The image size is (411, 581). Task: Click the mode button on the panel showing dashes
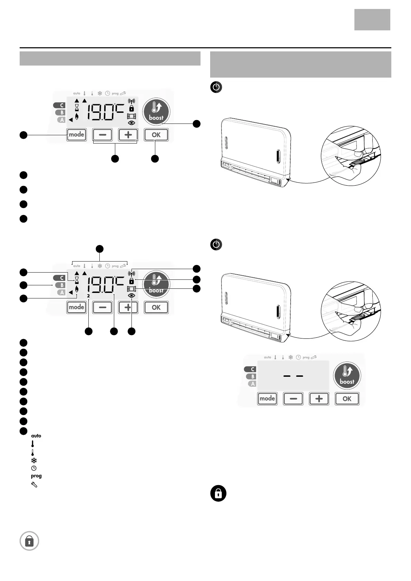[x=267, y=398]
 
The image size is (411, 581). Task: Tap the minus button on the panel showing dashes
[x=293, y=398]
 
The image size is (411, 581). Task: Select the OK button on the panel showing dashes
[x=347, y=398]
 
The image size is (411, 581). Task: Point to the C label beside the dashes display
[x=250, y=369]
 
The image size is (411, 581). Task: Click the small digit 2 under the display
[x=88, y=296]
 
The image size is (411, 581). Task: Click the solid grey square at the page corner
[x=372, y=20]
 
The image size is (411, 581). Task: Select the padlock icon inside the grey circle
[x=29, y=541]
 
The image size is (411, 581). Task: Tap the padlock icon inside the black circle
[x=218, y=494]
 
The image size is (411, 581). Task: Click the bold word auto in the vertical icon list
[x=36, y=436]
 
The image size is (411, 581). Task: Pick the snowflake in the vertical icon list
[x=34, y=460]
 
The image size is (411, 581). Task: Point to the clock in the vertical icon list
[x=34, y=468]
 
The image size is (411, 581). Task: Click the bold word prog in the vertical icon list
[x=36, y=476]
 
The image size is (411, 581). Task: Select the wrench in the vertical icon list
[x=34, y=484]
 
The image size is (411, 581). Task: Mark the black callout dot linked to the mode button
[x=23, y=135]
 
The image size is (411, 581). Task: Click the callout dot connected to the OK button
[x=155, y=158]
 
